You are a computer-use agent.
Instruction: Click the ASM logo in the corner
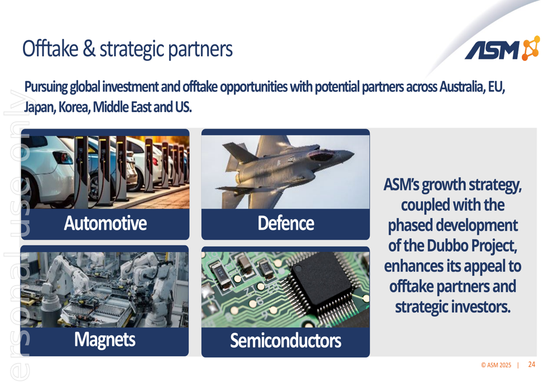[x=502, y=49]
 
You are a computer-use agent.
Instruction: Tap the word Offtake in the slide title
[x=50, y=49]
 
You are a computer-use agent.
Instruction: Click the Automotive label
[x=105, y=224]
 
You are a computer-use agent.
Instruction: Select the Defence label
[x=286, y=224]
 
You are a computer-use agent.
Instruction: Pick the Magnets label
[x=105, y=340]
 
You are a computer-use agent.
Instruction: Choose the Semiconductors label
[x=285, y=340]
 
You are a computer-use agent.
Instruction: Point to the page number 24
[x=532, y=364]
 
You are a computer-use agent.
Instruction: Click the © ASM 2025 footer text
[x=496, y=365]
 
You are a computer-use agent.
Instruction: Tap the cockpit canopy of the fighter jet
[x=322, y=155]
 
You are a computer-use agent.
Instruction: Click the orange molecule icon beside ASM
[x=531, y=48]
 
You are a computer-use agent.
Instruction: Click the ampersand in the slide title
[x=89, y=49]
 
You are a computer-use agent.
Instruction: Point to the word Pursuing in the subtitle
[x=46, y=87]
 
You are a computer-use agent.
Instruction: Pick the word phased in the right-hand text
[x=410, y=225]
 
